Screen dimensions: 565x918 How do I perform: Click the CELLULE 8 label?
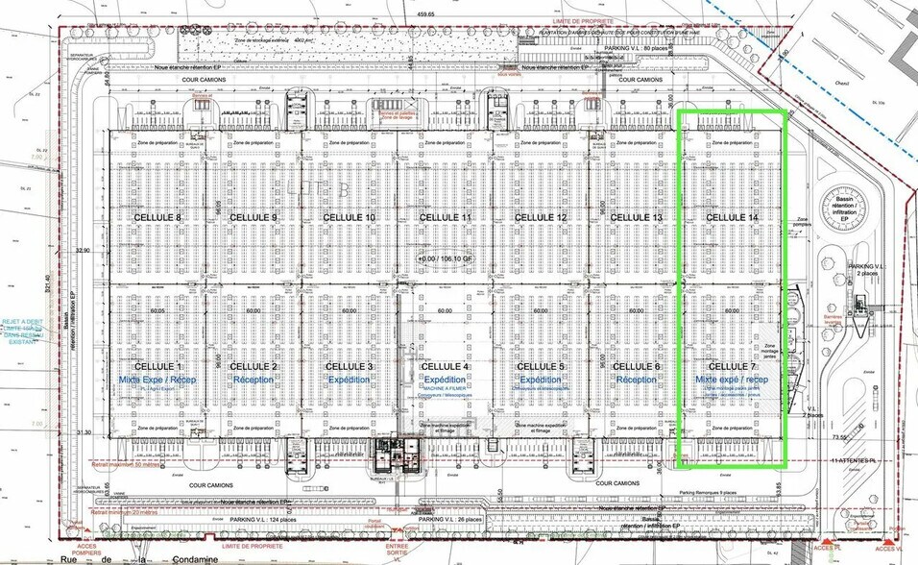pos(157,218)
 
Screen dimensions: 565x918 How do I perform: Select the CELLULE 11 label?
pos(443,218)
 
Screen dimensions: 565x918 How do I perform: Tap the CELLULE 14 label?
pos(732,218)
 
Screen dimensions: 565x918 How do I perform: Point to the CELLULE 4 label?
pos(443,367)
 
